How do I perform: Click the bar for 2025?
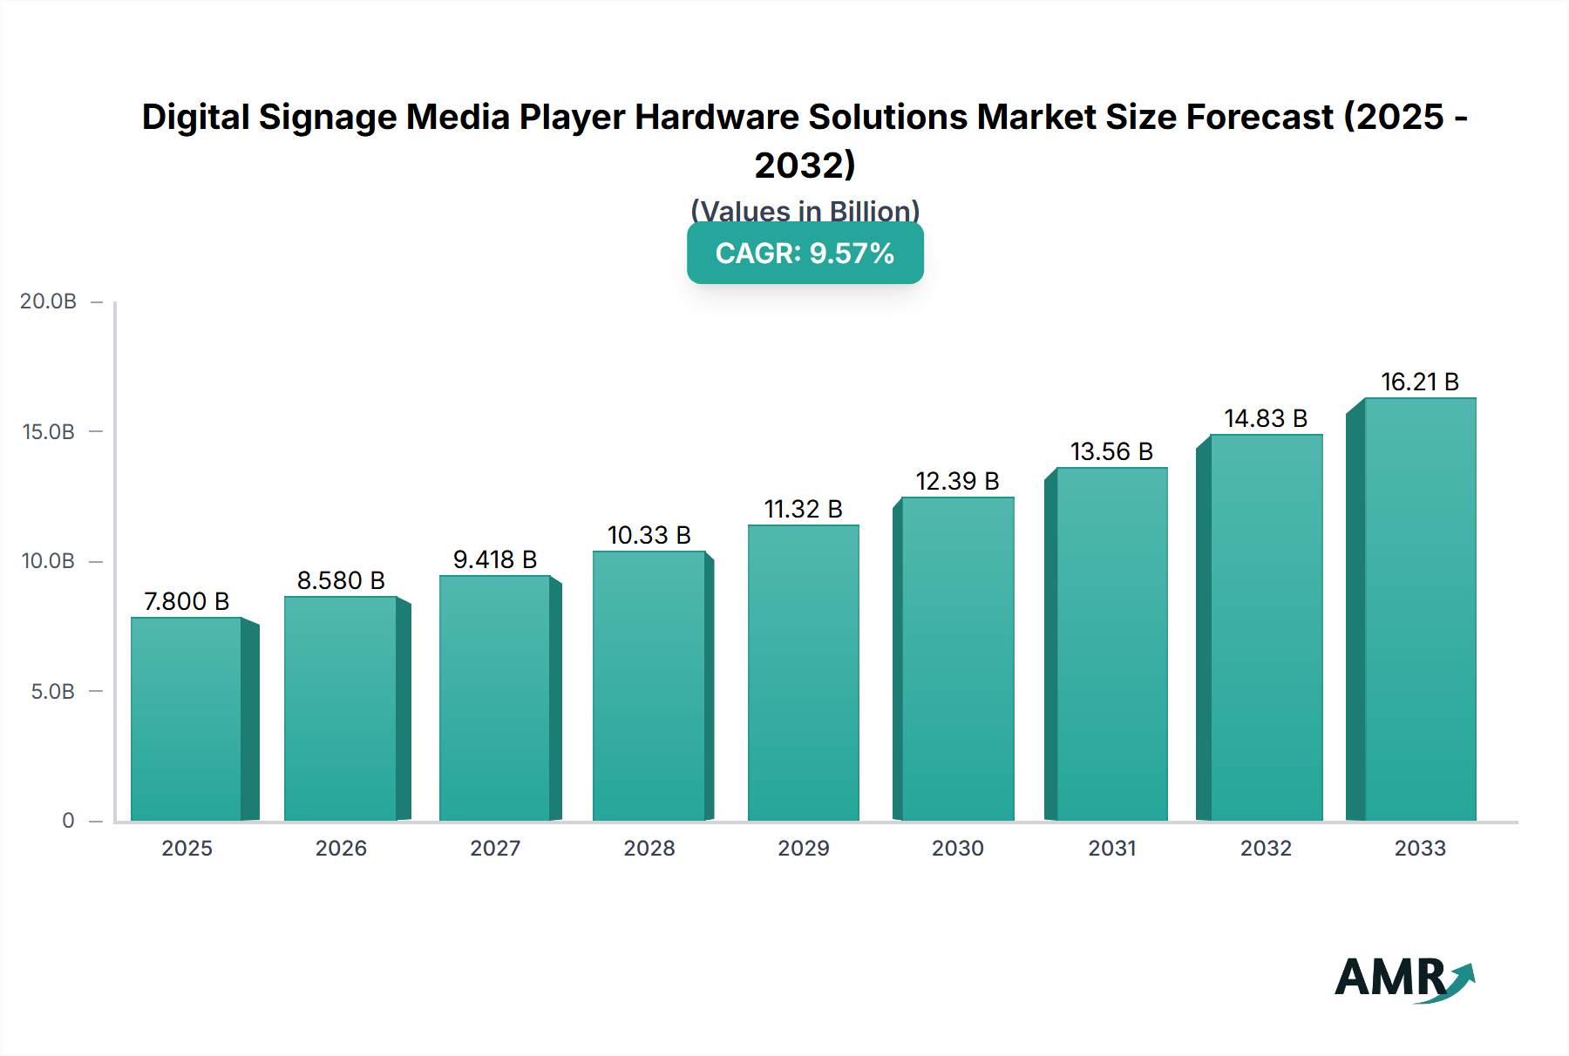pyautogui.click(x=187, y=719)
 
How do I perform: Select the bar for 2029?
pyautogui.click(x=803, y=673)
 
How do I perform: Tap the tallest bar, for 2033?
pyautogui.click(x=1420, y=610)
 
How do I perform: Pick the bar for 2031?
pyautogui.click(x=1111, y=645)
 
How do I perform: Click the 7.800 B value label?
pyautogui.click(x=187, y=601)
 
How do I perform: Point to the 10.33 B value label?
pyautogui.click(x=649, y=535)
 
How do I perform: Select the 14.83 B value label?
pyautogui.click(x=1266, y=418)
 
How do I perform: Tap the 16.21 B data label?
pyautogui.click(x=1420, y=382)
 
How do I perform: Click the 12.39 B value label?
pyautogui.click(x=957, y=481)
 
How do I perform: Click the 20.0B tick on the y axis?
pyautogui.click(x=49, y=301)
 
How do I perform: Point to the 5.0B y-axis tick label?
pyautogui.click(x=53, y=692)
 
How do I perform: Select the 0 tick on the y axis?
pyautogui.click(x=68, y=821)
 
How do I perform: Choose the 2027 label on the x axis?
pyautogui.click(x=495, y=848)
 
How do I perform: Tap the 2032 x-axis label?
pyautogui.click(x=1266, y=848)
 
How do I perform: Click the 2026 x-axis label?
pyautogui.click(x=341, y=848)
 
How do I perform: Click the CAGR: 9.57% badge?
pyautogui.click(x=805, y=254)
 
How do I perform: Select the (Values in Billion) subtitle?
pyautogui.click(x=805, y=211)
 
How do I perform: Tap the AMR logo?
pyautogui.click(x=1404, y=978)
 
